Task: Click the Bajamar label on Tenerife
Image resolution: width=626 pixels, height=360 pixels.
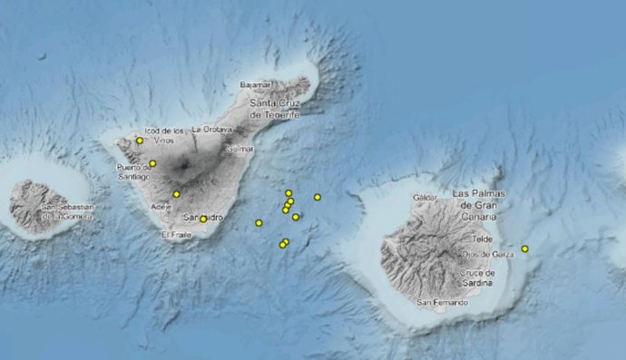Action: point(256,84)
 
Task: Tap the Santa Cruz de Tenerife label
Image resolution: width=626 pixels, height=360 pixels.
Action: point(280,110)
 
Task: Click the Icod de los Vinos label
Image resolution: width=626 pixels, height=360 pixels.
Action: point(165,136)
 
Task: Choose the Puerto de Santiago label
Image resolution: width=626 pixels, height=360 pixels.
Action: point(133,172)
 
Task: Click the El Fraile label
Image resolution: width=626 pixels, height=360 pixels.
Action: point(177,235)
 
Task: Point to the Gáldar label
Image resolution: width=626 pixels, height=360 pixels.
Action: point(425,197)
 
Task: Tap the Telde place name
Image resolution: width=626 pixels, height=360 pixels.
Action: point(484,238)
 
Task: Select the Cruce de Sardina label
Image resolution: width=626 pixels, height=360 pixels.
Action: point(478,277)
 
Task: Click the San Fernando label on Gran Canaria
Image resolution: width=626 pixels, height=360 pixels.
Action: point(442,302)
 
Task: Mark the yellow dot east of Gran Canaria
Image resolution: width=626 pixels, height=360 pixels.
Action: point(524,248)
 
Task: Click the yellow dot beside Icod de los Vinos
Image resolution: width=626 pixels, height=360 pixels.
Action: point(140,141)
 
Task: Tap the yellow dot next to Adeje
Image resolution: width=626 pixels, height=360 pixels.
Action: point(176,194)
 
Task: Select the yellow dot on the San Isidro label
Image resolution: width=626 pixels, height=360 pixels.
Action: point(203,218)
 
